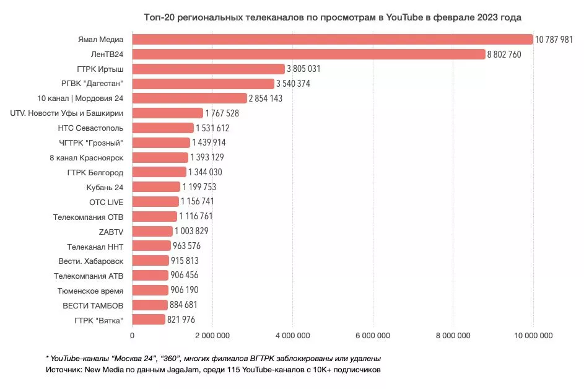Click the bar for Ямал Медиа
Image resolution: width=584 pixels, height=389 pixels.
tap(333, 39)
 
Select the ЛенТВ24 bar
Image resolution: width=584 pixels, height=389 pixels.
tap(308, 54)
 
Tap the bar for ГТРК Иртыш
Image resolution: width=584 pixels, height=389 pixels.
tap(208, 69)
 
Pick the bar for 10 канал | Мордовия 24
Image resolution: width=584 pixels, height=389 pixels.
tap(190, 98)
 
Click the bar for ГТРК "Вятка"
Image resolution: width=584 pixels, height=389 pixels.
tap(149, 320)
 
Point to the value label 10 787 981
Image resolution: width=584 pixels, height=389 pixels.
tap(559, 39)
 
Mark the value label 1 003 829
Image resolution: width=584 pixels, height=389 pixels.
tap(191, 231)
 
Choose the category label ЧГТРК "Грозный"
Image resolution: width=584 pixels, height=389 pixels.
tap(90, 143)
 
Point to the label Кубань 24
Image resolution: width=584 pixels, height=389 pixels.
tap(105, 187)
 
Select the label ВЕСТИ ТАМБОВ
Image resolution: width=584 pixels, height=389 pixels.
tap(93, 305)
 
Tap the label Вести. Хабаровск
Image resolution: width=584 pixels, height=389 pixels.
tap(91, 261)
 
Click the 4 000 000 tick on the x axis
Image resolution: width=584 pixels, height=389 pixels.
tap(292, 336)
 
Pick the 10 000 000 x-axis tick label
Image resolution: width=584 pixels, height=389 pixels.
tap(533, 336)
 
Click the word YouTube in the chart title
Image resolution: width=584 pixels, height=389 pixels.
tap(403, 17)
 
